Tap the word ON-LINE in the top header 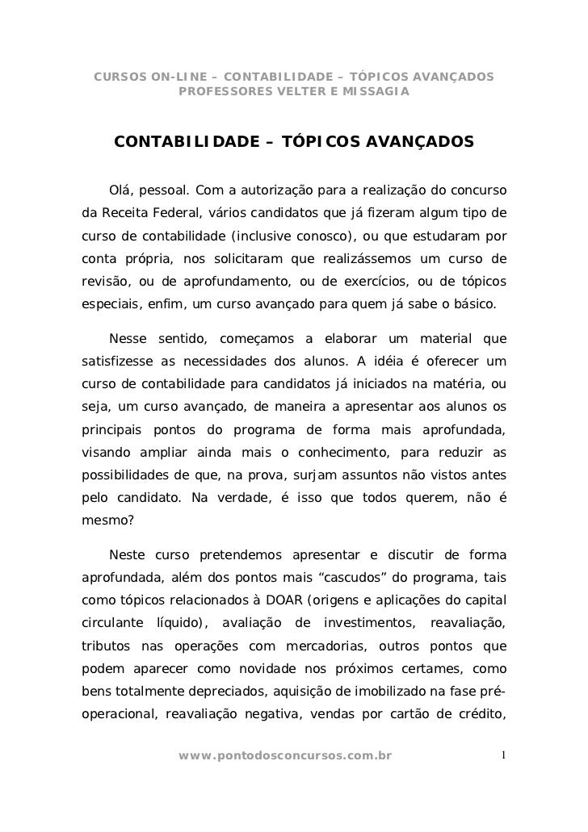tap(175, 77)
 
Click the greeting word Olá tap(122, 190)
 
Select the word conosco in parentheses tap(310, 236)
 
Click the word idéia tap(420, 361)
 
